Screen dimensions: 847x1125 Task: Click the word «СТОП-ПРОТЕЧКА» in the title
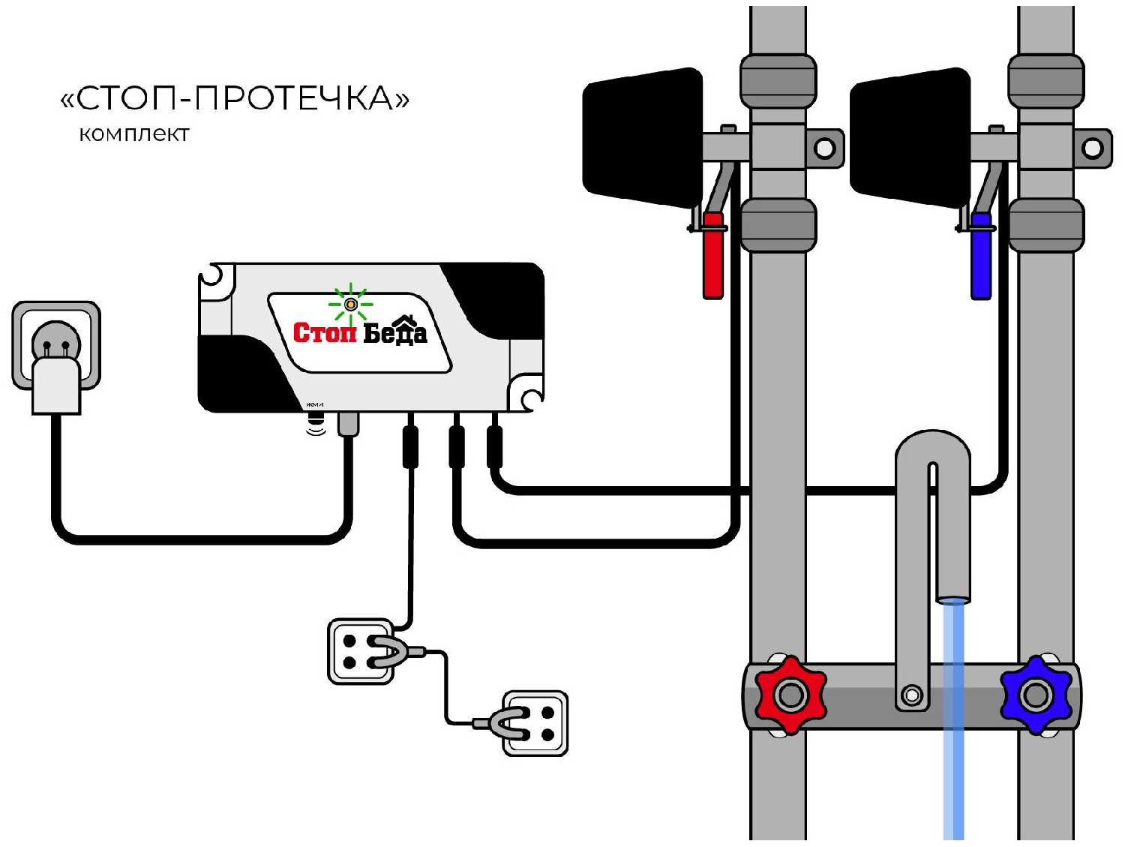[235, 98]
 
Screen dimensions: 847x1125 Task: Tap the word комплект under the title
[134, 134]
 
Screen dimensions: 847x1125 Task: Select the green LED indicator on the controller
[350, 304]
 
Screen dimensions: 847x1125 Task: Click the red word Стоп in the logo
[324, 332]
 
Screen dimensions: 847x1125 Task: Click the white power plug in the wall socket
[56, 384]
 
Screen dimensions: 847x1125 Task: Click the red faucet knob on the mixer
[790, 695]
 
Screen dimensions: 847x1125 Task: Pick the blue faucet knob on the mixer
[1036, 695]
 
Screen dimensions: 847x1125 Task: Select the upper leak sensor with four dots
[361, 651]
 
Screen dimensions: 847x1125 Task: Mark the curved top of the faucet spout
[933, 448]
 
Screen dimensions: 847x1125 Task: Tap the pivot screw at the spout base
[912, 695]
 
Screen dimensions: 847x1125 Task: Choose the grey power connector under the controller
[348, 424]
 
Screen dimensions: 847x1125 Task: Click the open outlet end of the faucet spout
[953, 599]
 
